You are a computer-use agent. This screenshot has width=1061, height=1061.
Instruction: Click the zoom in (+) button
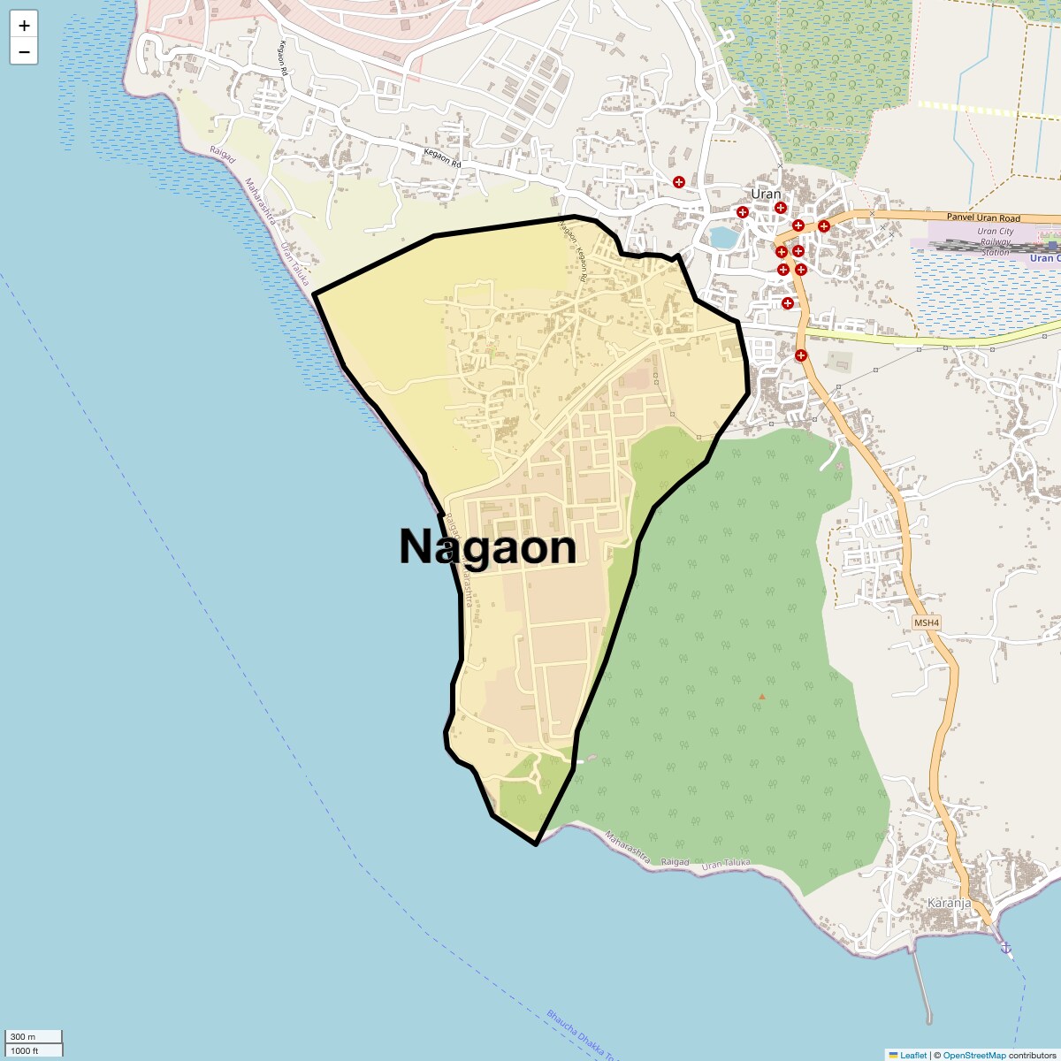[x=24, y=26]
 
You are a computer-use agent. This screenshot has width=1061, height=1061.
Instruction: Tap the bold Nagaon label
[x=487, y=546]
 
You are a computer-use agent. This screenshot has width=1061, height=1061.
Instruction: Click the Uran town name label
[x=766, y=194]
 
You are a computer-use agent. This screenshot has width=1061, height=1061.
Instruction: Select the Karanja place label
[x=949, y=903]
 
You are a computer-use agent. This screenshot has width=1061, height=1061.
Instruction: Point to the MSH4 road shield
[x=927, y=622]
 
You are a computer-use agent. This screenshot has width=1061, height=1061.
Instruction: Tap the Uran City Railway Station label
[x=995, y=241]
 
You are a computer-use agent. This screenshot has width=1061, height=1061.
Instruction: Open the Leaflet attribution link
[x=912, y=1055]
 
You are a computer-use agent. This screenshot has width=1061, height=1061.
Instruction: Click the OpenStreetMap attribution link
[x=973, y=1055]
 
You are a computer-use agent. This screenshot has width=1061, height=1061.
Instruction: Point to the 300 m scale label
[x=24, y=1036]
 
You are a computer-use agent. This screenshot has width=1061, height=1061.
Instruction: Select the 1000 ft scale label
[x=25, y=1050]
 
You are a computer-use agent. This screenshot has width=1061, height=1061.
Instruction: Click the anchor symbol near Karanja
[x=1005, y=948]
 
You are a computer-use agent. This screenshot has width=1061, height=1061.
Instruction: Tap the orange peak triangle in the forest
[x=761, y=697]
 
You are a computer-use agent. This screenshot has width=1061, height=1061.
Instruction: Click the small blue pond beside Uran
[x=722, y=237]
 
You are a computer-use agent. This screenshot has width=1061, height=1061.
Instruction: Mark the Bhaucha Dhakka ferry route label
[x=578, y=1034]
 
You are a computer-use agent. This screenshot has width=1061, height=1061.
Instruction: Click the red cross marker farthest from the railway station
[x=678, y=182]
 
